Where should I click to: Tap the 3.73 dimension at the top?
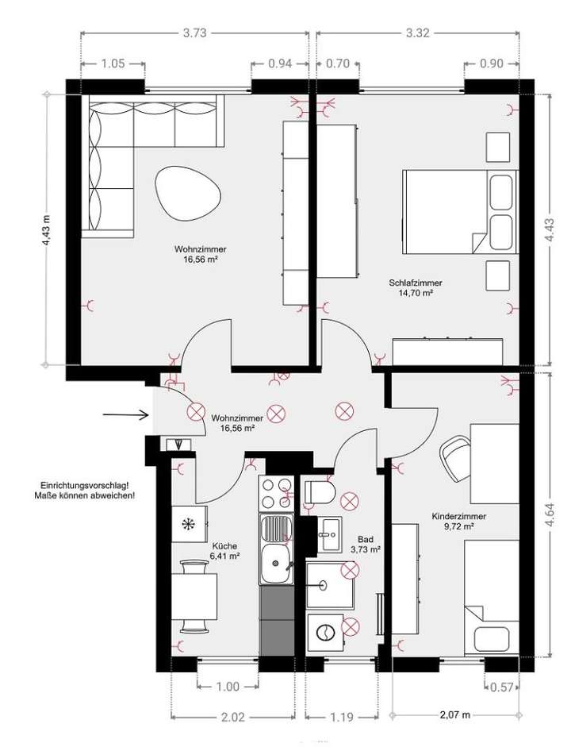click(x=194, y=33)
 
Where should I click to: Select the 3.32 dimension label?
click(x=417, y=33)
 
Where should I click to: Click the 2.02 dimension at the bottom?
click(x=232, y=717)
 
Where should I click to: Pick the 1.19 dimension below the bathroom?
click(x=340, y=717)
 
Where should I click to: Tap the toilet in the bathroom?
click(x=321, y=492)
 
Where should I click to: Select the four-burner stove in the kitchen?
click(x=277, y=493)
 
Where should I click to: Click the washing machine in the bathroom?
click(x=325, y=632)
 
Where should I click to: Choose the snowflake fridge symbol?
click(x=189, y=524)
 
